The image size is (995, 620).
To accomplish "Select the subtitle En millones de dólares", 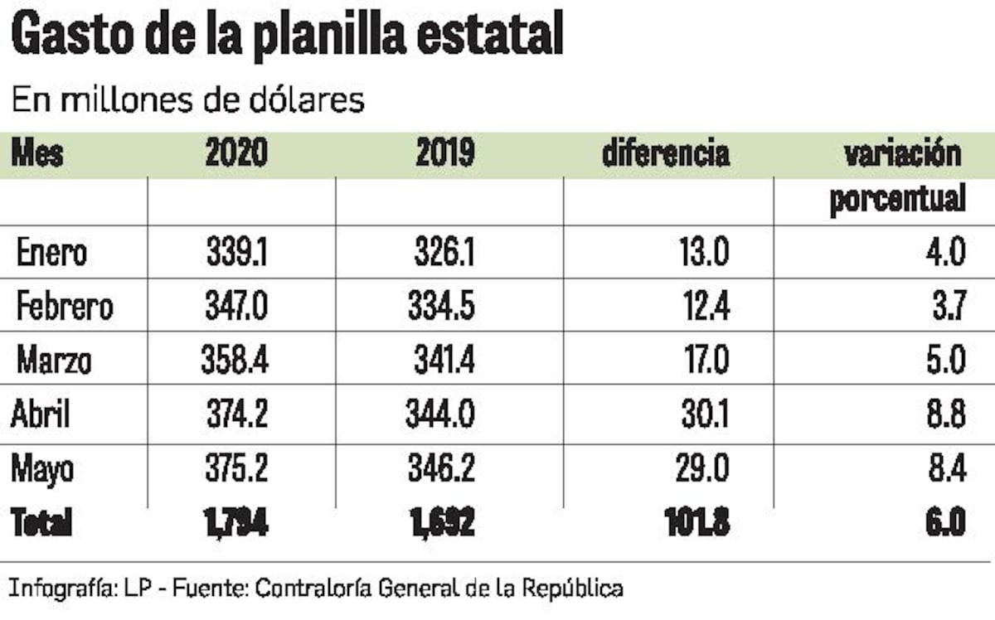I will (x=188, y=99).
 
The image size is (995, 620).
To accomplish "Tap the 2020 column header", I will (x=236, y=154).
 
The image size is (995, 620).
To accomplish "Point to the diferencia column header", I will (x=666, y=154).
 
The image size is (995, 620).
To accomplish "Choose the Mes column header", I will (x=37, y=154).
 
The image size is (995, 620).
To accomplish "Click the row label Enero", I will (x=51, y=253).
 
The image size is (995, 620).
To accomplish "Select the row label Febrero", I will (x=65, y=308).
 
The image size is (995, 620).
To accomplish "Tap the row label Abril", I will (x=40, y=414).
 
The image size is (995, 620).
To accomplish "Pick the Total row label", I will (x=41, y=523).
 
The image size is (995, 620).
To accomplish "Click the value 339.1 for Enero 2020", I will (x=236, y=253).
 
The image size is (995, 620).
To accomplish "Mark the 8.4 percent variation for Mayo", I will (x=945, y=469).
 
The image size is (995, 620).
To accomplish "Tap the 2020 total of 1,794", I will (x=235, y=523).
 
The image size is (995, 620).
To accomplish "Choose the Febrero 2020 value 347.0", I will (x=236, y=308).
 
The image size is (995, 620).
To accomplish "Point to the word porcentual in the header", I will (x=898, y=200).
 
